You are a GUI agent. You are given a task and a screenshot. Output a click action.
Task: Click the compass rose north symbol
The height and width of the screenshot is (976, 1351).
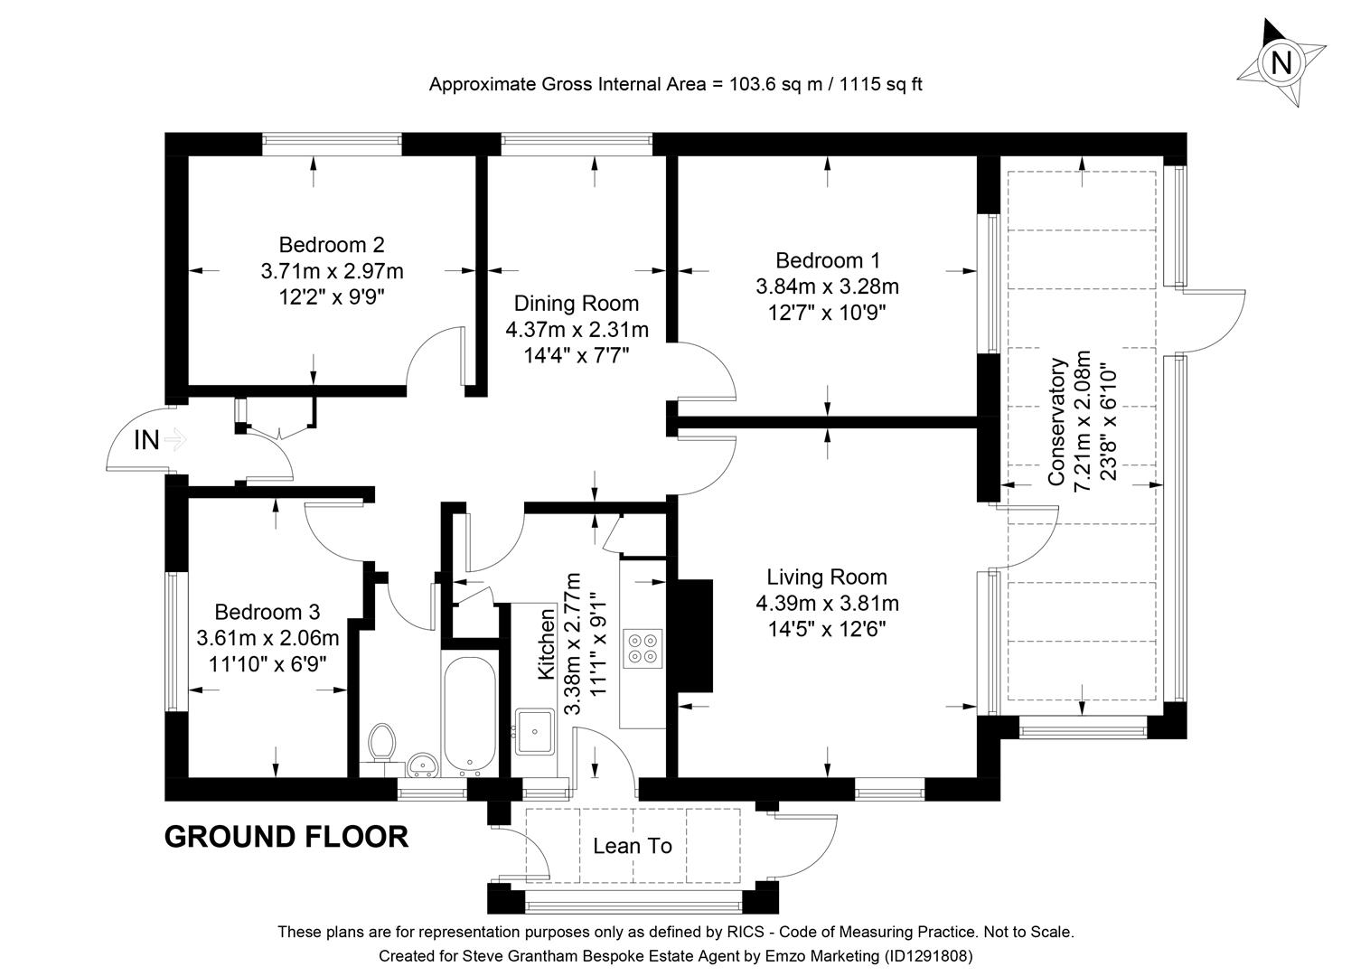click(x=1281, y=62)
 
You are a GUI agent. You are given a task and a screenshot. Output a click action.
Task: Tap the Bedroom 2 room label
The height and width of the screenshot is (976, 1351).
click(x=331, y=245)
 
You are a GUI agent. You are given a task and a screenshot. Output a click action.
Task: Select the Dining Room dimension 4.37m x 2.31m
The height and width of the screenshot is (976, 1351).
click(x=577, y=330)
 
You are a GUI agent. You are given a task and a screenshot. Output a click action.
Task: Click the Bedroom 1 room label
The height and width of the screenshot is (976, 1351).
click(x=827, y=261)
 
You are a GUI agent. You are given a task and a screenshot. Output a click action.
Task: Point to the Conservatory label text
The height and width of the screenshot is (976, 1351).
click(x=1057, y=422)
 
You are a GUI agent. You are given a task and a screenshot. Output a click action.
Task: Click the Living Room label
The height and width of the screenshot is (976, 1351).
click(x=827, y=577)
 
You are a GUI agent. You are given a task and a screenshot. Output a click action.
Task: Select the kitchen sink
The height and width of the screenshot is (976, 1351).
click(x=536, y=731)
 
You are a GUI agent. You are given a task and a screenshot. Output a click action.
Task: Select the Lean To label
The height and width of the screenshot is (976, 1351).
click(x=633, y=847)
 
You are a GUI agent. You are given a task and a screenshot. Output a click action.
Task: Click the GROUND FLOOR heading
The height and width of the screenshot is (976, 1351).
click(x=286, y=837)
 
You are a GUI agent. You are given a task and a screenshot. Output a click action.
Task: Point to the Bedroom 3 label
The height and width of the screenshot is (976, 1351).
click(x=267, y=613)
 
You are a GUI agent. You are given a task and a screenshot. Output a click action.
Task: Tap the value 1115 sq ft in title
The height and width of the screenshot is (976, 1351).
click(x=881, y=85)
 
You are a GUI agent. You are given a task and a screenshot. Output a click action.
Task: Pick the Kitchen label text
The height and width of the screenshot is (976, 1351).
click(x=547, y=644)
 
